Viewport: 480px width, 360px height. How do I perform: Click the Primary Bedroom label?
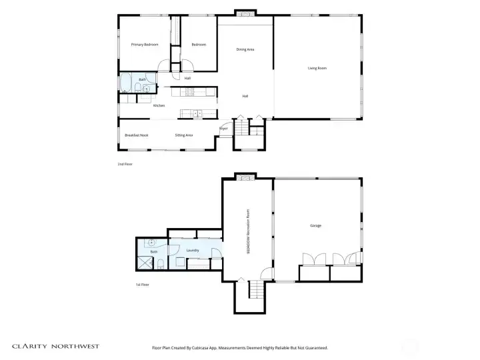(145, 45)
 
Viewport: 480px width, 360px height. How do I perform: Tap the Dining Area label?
(245, 49)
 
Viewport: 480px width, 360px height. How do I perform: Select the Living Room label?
(317, 68)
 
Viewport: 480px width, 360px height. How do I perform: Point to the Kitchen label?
(159, 106)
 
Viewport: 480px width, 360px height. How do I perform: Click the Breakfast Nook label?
(136, 135)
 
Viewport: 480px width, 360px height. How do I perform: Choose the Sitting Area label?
(184, 135)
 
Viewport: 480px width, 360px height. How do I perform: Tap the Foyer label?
(223, 129)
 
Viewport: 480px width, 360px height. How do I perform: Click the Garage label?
(315, 226)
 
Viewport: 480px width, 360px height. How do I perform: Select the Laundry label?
(193, 251)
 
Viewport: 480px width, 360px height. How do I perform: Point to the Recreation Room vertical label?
(248, 231)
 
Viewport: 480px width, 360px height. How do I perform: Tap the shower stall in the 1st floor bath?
(144, 263)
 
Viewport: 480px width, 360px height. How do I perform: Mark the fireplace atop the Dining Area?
(245, 13)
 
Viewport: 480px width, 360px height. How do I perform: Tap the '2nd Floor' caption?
(125, 163)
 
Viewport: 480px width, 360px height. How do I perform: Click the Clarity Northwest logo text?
(56, 346)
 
